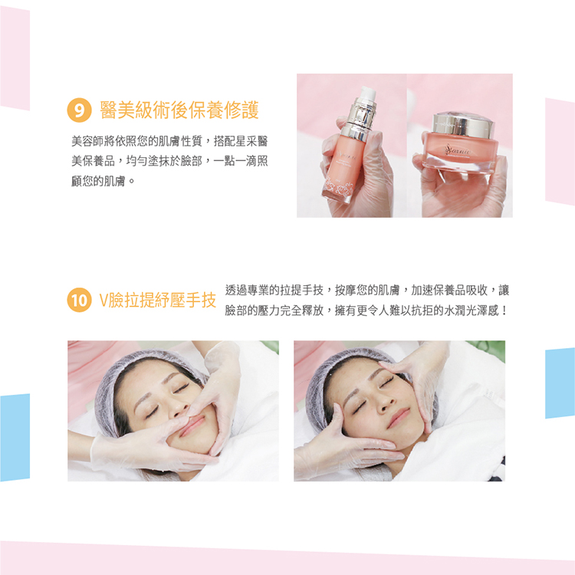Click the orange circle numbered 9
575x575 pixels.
79,110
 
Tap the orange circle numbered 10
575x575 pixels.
79,300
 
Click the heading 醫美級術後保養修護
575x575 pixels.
179,110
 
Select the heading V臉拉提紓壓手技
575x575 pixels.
158,301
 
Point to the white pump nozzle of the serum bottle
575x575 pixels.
367,94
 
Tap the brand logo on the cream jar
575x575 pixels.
458,150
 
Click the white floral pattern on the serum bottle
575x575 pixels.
338,189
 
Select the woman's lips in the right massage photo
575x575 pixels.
399,418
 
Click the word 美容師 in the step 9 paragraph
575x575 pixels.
87,141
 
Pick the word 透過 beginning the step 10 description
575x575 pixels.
236,290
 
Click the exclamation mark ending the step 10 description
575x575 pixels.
504,311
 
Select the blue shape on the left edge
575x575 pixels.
15,438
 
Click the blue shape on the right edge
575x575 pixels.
560,383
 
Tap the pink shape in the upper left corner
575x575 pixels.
15,58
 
